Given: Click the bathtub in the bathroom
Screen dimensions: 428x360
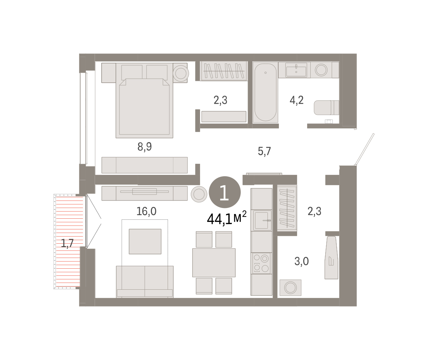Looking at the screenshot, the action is point(265,92).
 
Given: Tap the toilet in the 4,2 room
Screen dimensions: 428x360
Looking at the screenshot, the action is point(326,108).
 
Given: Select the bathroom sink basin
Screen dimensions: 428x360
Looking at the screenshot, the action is point(296,70).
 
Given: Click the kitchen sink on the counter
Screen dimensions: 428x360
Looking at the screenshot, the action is point(261,220).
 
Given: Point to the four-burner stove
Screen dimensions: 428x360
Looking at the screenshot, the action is point(261,263).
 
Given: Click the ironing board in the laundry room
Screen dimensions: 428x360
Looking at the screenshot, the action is point(331,258).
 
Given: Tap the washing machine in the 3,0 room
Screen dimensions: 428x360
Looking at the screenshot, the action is point(290,288).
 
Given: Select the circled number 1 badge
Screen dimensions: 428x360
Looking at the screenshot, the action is point(225,192).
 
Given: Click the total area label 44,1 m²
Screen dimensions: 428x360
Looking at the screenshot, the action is point(227,218).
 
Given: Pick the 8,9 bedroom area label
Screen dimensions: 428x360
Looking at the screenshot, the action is point(144,147).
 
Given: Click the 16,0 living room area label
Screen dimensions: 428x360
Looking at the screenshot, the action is point(146,211).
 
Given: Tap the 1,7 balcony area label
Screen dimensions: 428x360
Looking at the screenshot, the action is point(67,243).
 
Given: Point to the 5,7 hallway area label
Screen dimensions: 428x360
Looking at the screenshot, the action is point(264,151).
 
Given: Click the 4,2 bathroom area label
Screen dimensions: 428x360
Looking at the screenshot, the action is point(297,100).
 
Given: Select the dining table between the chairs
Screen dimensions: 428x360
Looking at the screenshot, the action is point(214,263).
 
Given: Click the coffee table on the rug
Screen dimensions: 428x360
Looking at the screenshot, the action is point(145,242).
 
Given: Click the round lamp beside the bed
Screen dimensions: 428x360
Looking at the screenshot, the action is point(180,73).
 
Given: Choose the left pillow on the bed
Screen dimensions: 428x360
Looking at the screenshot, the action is point(132,72).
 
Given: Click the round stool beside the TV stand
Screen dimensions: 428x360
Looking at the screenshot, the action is point(199,194).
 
